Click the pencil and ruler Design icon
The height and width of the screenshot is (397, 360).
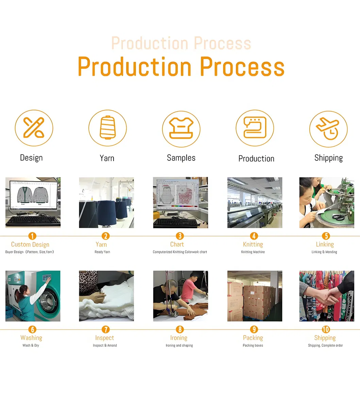(x=34, y=128)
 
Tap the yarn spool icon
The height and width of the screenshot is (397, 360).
(x=108, y=128)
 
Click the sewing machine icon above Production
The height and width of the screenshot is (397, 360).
(x=255, y=128)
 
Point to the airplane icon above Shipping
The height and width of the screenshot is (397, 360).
(x=328, y=128)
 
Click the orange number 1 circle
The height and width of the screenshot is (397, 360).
(x=32, y=236)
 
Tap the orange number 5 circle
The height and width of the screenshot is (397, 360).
(x=326, y=236)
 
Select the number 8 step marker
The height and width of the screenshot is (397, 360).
(x=180, y=329)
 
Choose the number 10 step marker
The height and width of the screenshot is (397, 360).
(x=326, y=329)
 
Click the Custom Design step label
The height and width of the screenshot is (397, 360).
(x=30, y=245)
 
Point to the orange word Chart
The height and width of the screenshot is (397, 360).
(x=177, y=244)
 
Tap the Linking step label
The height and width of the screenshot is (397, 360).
(x=325, y=244)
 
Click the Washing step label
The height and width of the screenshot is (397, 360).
(x=31, y=338)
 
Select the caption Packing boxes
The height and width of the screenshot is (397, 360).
(x=253, y=345)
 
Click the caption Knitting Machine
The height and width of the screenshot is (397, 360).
(x=253, y=252)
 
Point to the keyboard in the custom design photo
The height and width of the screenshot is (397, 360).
(x=33, y=221)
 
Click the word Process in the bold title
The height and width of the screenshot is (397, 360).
(x=242, y=67)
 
